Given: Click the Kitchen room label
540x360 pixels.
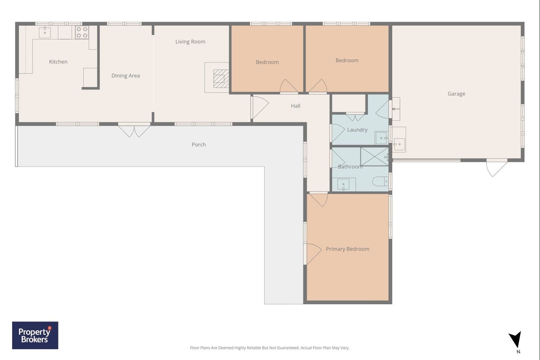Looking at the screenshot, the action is point(58,62).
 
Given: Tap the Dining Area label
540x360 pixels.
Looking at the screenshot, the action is point(125,76).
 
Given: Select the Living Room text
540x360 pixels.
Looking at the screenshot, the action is point(191,42).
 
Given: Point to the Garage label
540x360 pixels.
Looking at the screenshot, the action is point(456,94).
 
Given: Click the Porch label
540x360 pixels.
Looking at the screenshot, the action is point(199,144).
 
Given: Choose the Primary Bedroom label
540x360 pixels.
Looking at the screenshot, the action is point(348,249).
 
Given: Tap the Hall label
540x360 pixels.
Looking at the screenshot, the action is point(295,106).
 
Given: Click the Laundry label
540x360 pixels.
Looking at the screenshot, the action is point(357,130).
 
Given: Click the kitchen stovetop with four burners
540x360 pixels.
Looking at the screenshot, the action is point(82,32).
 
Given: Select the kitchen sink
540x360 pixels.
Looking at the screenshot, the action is point(45,32).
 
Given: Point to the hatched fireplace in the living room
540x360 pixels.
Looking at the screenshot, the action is point(221,79).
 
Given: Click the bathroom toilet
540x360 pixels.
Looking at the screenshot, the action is point(380,181).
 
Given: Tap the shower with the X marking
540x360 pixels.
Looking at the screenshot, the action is point(375,157).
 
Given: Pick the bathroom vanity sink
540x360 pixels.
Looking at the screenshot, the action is point(344,184).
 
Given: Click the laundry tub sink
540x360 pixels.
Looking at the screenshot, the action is point(381,138).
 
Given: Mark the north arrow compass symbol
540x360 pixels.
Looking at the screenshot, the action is point(516,340).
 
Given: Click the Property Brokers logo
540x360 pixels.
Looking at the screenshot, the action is point(35,335).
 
